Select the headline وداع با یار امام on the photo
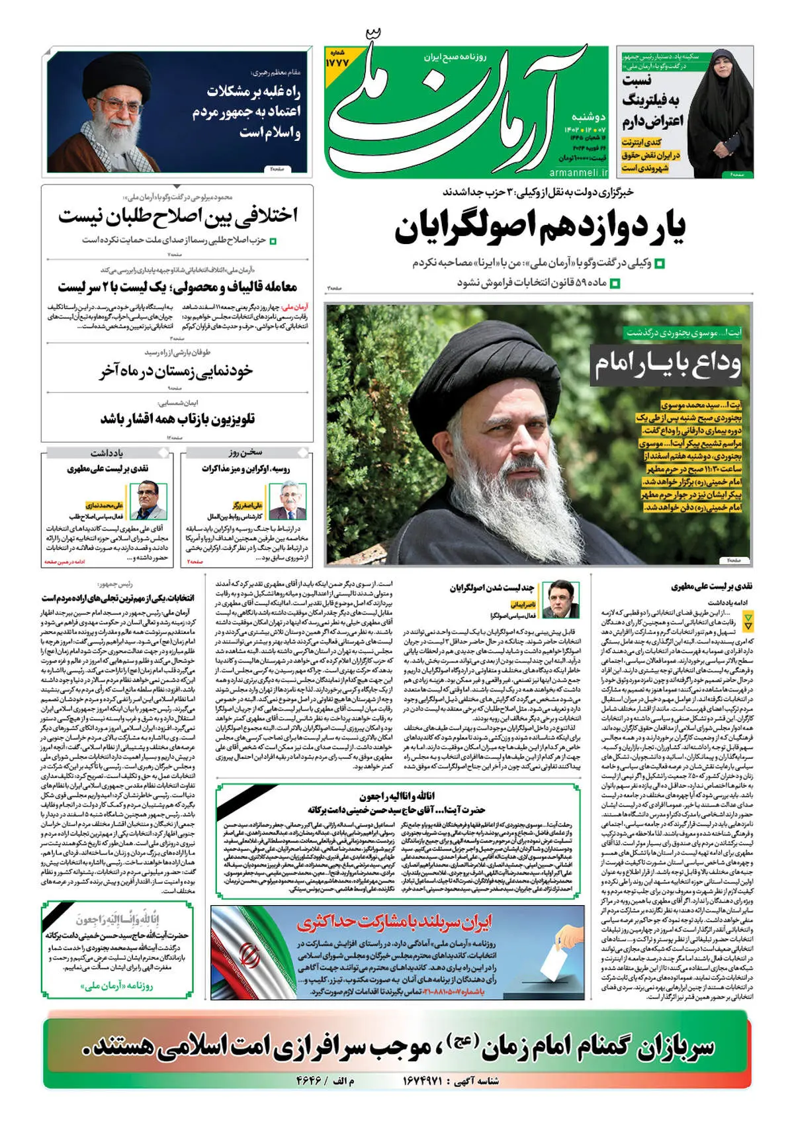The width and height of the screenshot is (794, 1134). click(666, 364)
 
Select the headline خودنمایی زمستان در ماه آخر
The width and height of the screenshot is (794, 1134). click(176, 371)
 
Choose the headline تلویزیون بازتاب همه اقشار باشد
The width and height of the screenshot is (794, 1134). click(177, 419)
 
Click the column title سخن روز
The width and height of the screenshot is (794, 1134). click(245, 453)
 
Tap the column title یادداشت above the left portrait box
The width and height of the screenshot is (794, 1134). click(107, 453)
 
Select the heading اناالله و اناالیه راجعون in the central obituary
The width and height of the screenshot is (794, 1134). click(397, 796)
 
